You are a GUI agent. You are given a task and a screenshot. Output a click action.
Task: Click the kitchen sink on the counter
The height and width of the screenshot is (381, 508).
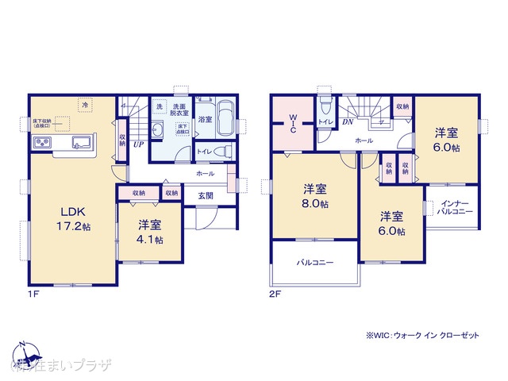pos(83,143)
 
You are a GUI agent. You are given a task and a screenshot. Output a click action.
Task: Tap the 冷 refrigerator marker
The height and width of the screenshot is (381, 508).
pos(84,104)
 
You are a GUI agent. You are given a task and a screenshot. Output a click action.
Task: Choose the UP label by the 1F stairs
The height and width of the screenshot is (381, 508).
pos(139,144)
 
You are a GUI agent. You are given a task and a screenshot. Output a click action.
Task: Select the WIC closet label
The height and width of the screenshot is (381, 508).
pos(292,125)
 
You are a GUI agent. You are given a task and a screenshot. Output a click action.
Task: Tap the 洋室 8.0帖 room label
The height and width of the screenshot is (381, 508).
pos(314,196)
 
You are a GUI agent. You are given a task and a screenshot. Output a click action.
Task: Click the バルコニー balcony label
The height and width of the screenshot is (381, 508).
pos(315,263)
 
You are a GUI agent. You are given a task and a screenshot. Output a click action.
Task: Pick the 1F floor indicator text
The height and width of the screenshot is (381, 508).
pos(33,294)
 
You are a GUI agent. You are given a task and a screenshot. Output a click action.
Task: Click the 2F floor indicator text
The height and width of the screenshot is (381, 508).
pos(275,294)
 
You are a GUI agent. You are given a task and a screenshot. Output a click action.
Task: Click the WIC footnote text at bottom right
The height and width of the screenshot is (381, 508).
pos(423,336)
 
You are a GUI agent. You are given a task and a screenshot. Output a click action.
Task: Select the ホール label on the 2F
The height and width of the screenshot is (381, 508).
pos(364,140)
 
